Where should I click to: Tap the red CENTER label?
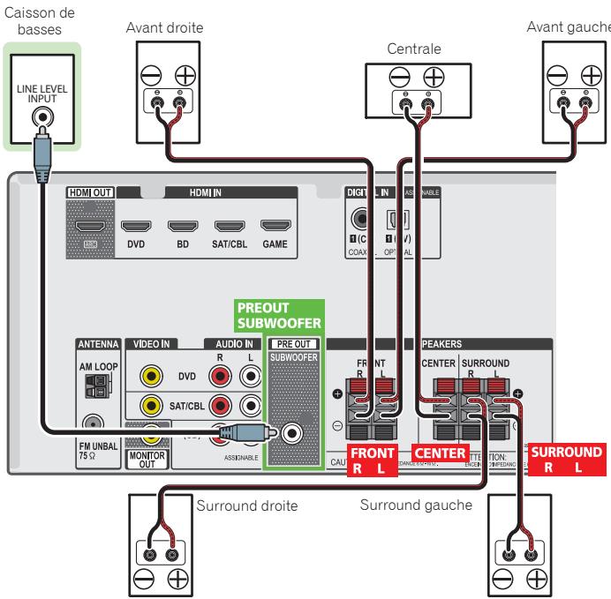(x=437, y=453)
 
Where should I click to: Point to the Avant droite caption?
(x=176, y=26)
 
